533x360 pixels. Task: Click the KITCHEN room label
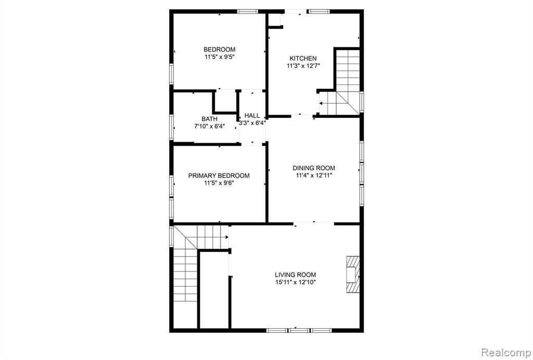point(303,58)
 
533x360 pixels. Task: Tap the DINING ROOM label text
point(314,168)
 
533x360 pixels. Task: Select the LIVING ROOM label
point(296,275)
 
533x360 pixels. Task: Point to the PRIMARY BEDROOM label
point(219,176)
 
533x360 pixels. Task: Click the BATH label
point(209,119)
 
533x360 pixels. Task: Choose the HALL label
point(252,116)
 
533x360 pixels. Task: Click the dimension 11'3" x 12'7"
point(303,66)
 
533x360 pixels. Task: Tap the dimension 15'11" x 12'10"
point(296,282)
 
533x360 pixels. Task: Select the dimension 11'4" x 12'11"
point(314,176)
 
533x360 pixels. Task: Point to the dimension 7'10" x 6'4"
point(209,127)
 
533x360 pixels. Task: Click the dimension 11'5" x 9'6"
point(219,183)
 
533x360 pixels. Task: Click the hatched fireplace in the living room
point(353,274)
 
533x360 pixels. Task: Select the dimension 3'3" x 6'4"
point(252,123)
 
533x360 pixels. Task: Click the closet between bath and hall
point(225,102)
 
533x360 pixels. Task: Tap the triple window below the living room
point(299,330)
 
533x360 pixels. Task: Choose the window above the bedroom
point(248,11)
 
